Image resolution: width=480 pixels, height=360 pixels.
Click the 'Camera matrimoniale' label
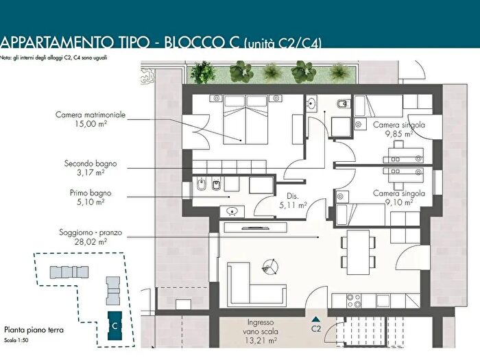click(x=91, y=115)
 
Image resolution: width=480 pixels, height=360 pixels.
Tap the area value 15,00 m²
click(x=91, y=124)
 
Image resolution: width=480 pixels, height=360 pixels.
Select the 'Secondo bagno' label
click(x=91, y=163)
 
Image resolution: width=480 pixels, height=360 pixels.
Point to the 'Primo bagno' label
click(x=91, y=193)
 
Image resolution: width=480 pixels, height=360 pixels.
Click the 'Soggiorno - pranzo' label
click(x=91, y=232)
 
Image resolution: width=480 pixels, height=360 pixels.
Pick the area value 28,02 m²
click(x=91, y=242)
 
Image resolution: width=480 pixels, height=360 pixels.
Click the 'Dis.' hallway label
click(x=293, y=196)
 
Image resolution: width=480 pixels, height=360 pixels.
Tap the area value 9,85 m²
click(x=399, y=134)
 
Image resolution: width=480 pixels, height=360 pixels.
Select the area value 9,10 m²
click(x=399, y=203)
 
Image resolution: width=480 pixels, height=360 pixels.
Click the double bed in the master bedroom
click(x=245, y=119)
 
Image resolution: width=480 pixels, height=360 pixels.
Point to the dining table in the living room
click(x=358, y=252)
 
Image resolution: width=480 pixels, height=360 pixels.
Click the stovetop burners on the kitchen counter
click(x=353, y=300)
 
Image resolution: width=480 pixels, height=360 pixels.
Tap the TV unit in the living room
click(x=255, y=228)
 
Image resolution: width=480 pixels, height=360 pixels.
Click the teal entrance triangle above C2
click(x=316, y=320)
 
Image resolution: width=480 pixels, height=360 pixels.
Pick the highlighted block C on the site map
click(x=115, y=326)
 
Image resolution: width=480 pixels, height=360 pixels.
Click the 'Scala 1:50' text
click(x=16, y=340)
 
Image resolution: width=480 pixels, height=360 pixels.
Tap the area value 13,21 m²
click(x=261, y=340)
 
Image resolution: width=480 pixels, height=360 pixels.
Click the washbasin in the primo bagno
click(x=232, y=211)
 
